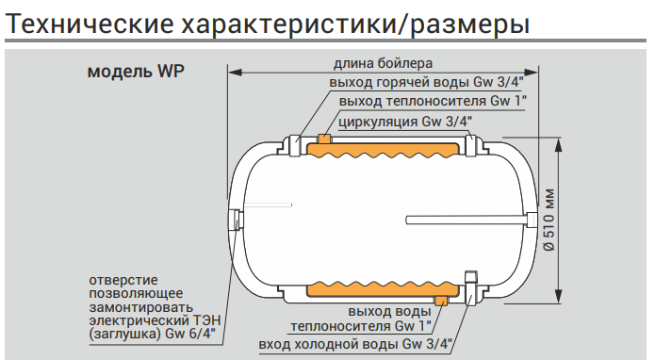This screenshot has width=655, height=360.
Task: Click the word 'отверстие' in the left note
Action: [x=123, y=280]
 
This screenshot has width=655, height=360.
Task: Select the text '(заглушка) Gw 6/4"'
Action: [x=152, y=333]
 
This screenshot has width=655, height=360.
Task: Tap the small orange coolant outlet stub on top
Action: [x=324, y=139]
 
